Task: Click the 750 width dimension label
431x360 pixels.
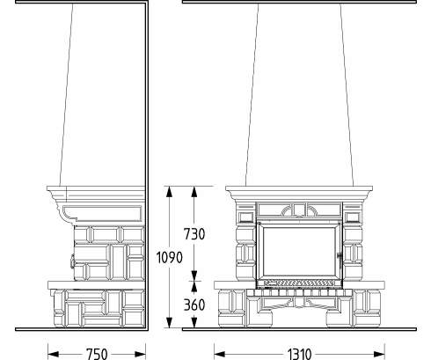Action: click(x=97, y=354)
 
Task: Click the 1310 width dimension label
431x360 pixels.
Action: click(x=299, y=354)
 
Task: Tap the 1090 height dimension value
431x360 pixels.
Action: click(x=169, y=258)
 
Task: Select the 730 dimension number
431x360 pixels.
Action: click(x=194, y=234)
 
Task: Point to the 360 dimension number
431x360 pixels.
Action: click(x=194, y=305)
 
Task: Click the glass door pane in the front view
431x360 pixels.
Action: click(x=299, y=252)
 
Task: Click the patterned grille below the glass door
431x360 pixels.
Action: click(x=299, y=283)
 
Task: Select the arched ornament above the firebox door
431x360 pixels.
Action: click(x=299, y=209)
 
